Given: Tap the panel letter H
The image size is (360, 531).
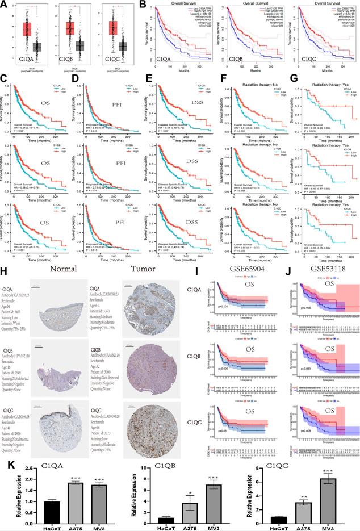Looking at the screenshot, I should point(5,274).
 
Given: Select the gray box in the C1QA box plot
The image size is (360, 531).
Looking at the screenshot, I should point(37,48).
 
